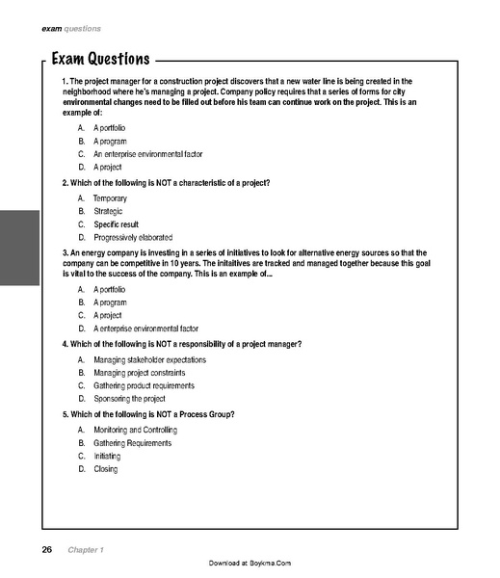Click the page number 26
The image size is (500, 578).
coord(46,549)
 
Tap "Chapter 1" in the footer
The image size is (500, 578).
coord(86,549)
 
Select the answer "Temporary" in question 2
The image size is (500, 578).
coord(110,197)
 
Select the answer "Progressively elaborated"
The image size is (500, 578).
coord(133,237)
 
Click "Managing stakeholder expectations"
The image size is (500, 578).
coord(149,359)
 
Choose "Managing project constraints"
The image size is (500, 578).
coord(139,372)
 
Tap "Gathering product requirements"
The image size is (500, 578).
coord(144,385)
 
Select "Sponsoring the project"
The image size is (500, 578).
coord(129,398)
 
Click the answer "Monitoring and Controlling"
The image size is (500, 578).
coord(135,430)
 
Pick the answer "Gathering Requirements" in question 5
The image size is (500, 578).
coord(132,443)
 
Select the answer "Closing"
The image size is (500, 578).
coord(105,469)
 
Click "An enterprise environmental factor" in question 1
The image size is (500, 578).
coord(147,154)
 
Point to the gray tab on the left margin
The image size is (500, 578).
coord(19,248)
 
